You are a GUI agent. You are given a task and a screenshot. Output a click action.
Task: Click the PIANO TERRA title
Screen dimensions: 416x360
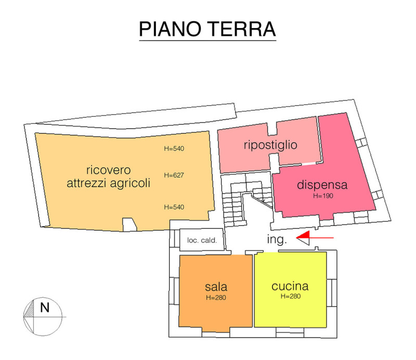[x=207, y=29]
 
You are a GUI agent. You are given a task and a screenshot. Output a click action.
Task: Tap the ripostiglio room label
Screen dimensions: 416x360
[x=270, y=145]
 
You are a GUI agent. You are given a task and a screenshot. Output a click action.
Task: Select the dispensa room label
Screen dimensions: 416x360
[x=322, y=184]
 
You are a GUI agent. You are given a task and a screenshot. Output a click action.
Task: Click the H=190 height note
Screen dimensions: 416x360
[x=323, y=196]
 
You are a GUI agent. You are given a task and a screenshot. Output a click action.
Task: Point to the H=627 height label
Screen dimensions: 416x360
[x=174, y=175]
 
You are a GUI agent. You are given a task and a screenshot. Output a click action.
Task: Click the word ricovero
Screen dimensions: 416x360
[x=108, y=170]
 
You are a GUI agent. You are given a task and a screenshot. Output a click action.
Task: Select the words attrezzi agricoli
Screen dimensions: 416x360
[x=108, y=183]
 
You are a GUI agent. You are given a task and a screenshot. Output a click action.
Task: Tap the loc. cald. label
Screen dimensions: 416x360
[x=202, y=240]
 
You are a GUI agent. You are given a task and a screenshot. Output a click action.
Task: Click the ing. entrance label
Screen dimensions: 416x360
[x=277, y=239]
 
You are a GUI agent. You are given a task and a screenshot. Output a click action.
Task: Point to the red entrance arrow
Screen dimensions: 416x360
[x=315, y=237]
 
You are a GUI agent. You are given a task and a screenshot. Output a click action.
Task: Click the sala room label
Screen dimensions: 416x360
[x=216, y=287]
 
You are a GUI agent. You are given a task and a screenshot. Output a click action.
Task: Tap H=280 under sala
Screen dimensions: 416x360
[x=216, y=298]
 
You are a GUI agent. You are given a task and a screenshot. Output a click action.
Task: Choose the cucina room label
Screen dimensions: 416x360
[x=290, y=286]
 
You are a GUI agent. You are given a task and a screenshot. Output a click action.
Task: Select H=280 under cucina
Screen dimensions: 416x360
[x=291, y=296]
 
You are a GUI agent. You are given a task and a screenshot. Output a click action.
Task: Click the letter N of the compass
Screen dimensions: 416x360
[x=45, y=308]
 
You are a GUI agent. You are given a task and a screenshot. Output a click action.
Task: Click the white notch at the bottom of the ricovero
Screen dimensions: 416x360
[x=129, y=224]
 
